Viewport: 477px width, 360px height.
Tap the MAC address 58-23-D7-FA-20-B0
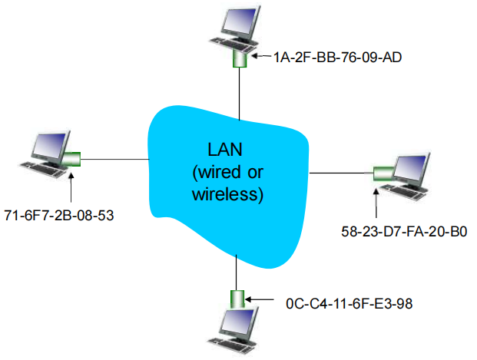point(404,230)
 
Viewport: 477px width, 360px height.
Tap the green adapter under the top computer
point(239,58)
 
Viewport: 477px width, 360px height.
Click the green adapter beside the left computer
point(72,160)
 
